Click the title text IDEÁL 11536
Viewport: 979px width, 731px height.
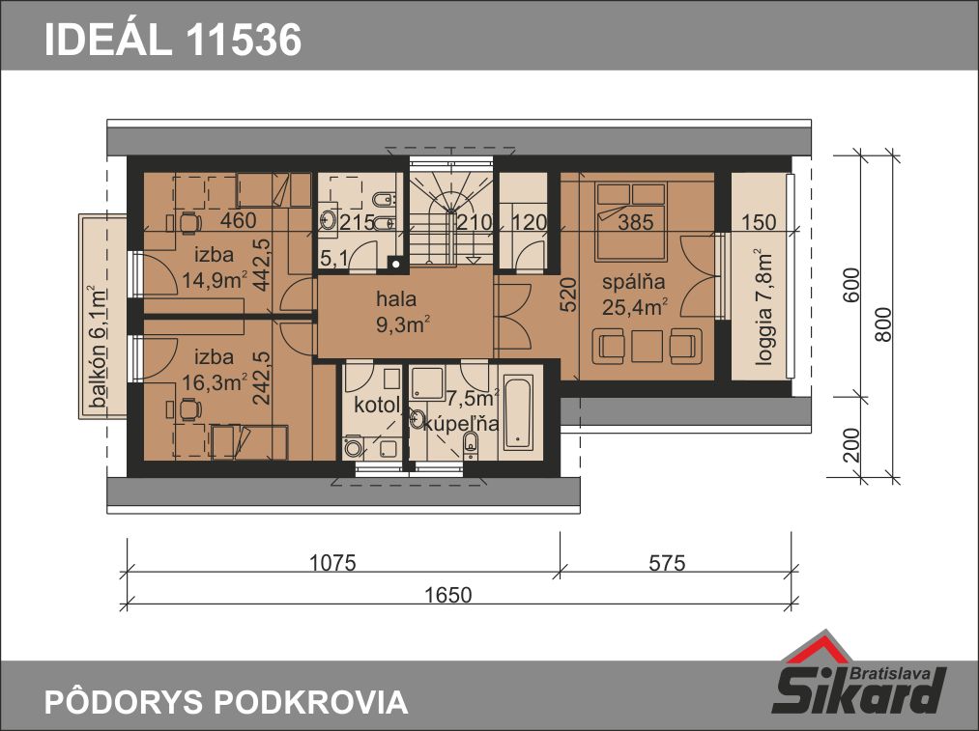point(173,40)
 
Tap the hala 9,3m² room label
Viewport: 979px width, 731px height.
point(402,311)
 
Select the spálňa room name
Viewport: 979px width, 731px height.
point(634,282)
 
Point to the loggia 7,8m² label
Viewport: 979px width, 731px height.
point(763,307)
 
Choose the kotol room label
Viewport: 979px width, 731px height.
point(377,406)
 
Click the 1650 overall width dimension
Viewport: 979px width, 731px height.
point(448,595)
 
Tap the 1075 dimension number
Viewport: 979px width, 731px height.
point(332,563)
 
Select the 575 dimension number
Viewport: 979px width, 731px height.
point(667,563)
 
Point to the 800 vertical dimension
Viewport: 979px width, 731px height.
point(883,324)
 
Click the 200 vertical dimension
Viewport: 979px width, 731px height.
point(851,445)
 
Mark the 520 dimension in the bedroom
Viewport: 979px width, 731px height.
point(569,295)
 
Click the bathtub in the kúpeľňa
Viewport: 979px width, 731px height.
point(519,412)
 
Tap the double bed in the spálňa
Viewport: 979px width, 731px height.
point(631,221)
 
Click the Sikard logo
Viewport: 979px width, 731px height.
point(860,676)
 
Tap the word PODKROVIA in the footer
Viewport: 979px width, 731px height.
point(311,702)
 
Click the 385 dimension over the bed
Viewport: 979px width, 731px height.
point(636,222)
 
